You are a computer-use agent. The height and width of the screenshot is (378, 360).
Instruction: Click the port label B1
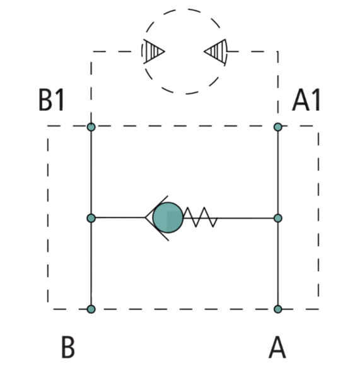coord(52,100)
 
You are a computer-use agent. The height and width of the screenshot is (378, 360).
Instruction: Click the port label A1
coord(306,100)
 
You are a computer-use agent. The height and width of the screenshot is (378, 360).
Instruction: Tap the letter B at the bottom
coord(68,347)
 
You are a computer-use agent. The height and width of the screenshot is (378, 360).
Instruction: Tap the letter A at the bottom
coord(277,347)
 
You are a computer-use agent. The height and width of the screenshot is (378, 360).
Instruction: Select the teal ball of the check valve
coord(168,218)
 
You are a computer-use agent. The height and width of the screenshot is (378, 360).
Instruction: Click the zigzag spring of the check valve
coord(200,217)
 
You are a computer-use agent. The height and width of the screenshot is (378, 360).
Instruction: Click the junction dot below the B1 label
coord(91,127)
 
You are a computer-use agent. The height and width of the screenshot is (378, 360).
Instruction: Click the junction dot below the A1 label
coord(278,127)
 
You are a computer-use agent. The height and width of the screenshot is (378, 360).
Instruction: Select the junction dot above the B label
coord(91,309)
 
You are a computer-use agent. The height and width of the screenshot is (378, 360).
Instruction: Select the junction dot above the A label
coord(278,309)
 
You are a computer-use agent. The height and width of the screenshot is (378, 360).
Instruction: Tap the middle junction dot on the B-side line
coord(91,218)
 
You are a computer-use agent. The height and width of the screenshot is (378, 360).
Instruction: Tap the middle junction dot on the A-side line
coord(278,218)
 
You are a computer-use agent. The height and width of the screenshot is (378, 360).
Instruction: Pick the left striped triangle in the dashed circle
coord(153,52)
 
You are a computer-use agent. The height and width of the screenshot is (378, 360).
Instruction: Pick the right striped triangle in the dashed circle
coord(216,52)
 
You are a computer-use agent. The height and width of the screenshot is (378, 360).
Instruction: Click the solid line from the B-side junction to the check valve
coord(120,218)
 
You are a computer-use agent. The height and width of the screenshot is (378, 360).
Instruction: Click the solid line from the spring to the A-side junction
coord(245,218)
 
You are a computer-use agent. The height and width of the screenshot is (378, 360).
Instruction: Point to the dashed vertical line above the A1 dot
coord(278,82)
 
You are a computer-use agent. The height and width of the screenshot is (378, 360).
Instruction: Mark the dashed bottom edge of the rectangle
coord(183,309)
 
